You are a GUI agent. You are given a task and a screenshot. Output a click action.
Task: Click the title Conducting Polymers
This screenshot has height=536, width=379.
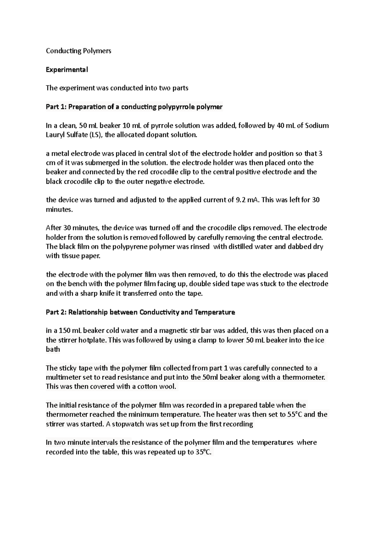pos(78,51)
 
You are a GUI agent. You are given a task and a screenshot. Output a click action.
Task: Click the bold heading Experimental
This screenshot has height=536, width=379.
pos(67,69)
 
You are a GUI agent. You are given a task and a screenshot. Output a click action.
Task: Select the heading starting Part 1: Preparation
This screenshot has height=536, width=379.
pos(134,107)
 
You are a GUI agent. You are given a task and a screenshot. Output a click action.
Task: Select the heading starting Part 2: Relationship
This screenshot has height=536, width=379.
pos(140,312)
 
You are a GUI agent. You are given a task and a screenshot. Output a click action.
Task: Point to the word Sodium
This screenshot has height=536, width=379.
pos(317,126)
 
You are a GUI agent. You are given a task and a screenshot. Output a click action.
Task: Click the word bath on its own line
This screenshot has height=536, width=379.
pos(53,349)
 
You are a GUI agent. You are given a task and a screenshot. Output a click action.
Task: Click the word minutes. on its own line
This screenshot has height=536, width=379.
pos(59,209)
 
